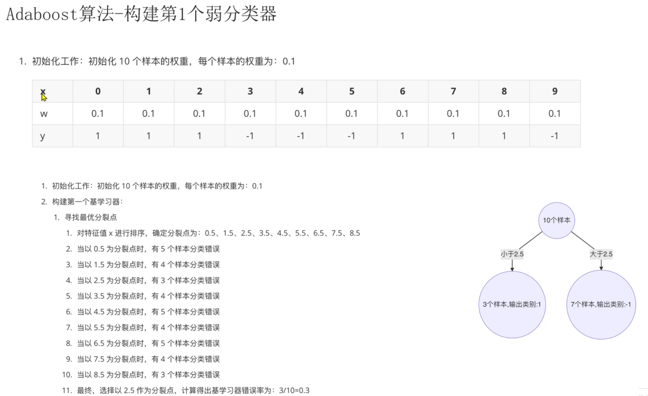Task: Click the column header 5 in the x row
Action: click(352, 91)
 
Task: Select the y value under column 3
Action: click(250, 136)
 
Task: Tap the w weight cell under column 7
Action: click(453, 114)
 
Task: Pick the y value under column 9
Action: click(554, 136)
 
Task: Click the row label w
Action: click(44, 114)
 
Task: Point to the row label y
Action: click(42, 136)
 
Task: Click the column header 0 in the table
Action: click(98, 91)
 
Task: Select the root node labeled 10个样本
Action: click(556, 220)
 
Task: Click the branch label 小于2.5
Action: click(512, 254)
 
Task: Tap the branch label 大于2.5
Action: click(601, 254)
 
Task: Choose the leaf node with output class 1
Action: click(512, 304)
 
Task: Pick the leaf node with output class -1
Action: click(601, 304)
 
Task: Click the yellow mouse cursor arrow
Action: click(44, 98)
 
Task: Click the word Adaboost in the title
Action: click(42, 14)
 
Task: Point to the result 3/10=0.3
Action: click(294, 390)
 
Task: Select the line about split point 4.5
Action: click(148, 312)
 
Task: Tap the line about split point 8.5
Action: click(148, 375)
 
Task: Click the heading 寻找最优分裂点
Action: click(91, 217)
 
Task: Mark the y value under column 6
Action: click(402, 136)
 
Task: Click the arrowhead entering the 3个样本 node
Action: click(512, 269)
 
